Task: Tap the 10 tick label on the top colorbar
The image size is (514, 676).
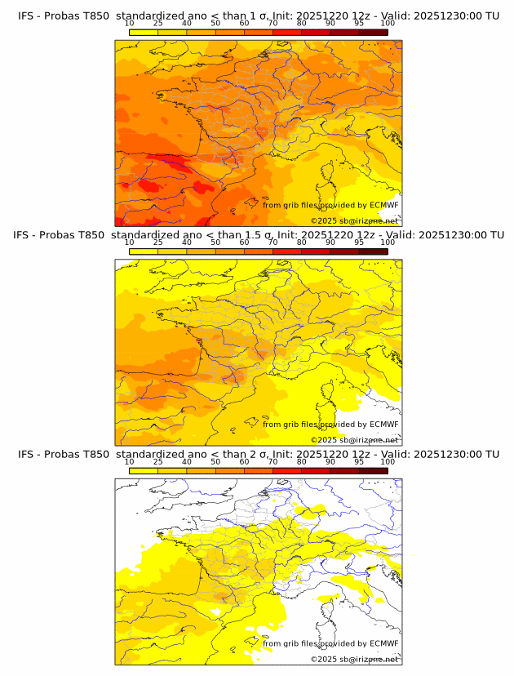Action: coord(130,23)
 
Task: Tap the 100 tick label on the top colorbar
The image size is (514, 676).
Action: coord(388,23)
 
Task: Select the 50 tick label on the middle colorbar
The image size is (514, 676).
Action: coord(215,242)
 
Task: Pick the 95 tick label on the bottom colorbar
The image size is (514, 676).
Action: coord(359,461)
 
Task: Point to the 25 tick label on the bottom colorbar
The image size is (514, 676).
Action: coord(158,461)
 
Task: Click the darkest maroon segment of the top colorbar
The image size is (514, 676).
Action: coord(373,32)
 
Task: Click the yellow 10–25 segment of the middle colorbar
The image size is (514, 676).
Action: coord(144,251)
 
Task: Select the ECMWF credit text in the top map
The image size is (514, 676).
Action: coord(330,205)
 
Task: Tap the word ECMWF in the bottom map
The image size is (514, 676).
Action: coord(383,643)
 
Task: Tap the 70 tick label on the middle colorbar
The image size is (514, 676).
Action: coord(273,242)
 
